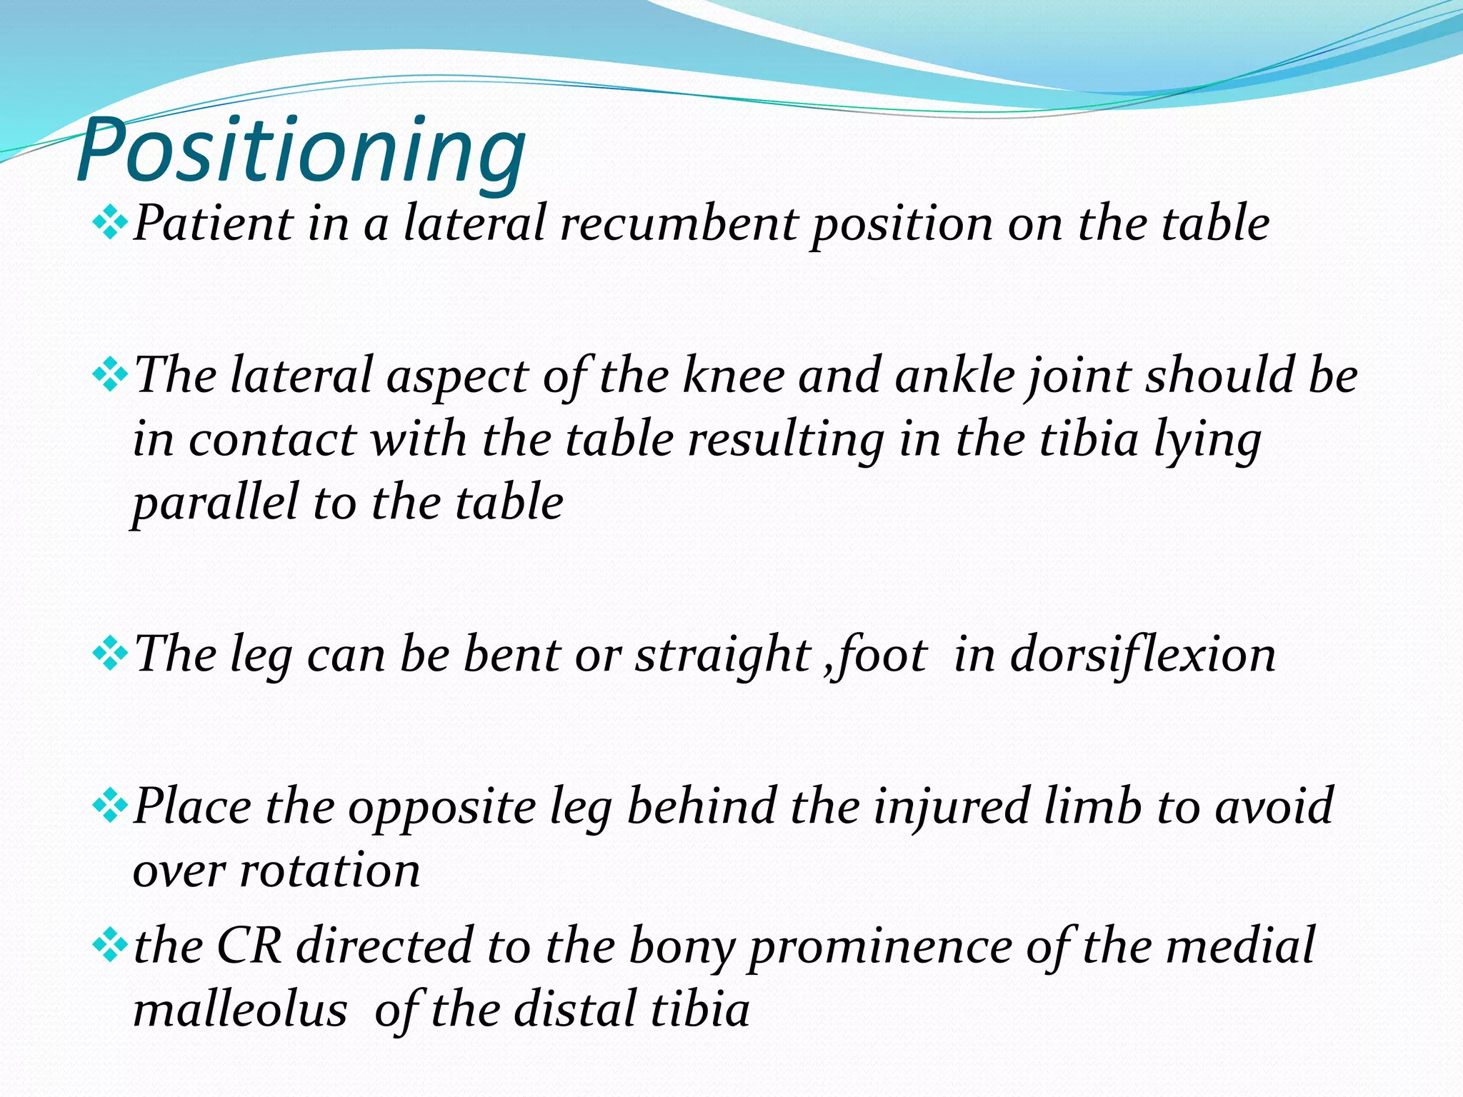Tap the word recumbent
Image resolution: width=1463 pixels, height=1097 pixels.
tap(679, 224)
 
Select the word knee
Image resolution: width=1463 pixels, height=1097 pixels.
tap(733, 376)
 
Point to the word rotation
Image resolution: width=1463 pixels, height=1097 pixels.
tap(329, 871)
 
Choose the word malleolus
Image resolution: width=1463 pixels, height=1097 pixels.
tap(240, 1011)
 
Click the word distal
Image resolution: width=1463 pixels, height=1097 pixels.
tap(568, 1011)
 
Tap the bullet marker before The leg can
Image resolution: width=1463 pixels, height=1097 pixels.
tap(110, 653)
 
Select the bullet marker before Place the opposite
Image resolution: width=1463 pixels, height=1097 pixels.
tap(110, 806)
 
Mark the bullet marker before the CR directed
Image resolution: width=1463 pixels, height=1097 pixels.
tap(110, 946)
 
